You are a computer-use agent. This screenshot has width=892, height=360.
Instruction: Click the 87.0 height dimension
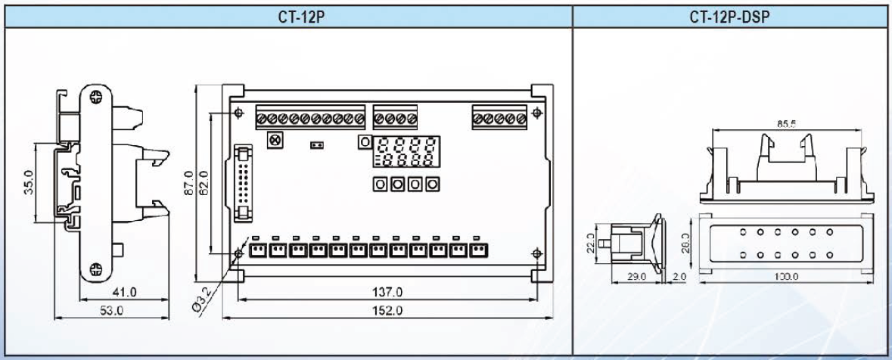click(x=191, y=182)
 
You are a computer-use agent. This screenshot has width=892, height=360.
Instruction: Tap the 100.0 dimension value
click(x=781, y=277)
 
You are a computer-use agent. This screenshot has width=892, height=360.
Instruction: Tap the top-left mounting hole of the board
click(x=239, y=113)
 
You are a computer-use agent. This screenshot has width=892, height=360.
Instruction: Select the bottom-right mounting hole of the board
click(x=536, y=253)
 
